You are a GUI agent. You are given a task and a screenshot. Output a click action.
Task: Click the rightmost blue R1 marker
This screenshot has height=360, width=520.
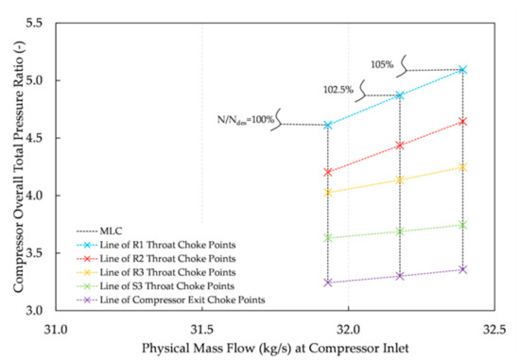coord(462,70)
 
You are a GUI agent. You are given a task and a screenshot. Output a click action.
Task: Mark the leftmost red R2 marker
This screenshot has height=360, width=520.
coord(328,172)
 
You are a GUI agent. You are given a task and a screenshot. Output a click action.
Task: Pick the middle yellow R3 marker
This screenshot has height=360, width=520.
coord(400,180)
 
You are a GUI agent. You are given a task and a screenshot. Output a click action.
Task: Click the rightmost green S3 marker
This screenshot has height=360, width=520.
coord(462,225)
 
